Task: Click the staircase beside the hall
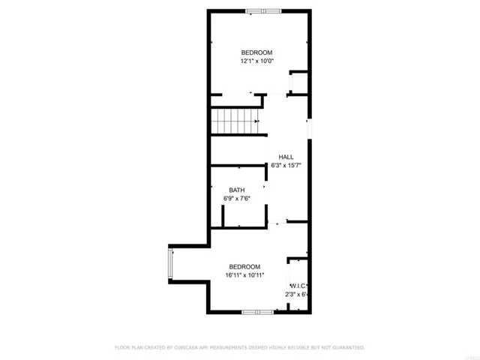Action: pos(234,120)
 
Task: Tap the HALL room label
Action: pos(286,156)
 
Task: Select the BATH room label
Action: pos(236,190)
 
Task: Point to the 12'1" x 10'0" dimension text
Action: pos(256,61)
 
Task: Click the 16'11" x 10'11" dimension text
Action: pos(244,275)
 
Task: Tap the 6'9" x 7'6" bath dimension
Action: pos(236,198)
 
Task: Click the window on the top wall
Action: pos(263,10)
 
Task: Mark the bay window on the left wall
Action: pos(170,263)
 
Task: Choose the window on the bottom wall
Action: pos(256,310)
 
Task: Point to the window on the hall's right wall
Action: pos(308,128)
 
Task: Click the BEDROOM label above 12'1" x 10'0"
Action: pos(256,52)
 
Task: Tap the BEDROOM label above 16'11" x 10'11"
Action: pos(244,267)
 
